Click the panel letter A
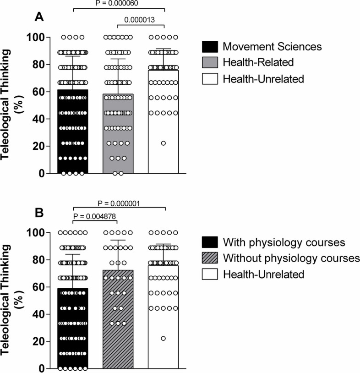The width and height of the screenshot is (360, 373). pyautogui.click(x=40, y=17)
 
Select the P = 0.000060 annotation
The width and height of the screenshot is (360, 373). pyautogui.click(x=118, y=3)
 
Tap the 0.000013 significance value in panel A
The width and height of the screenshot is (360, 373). pyautogui.click(x=141, y=20)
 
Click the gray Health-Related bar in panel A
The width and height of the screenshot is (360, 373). pyautogui.click(x=118, y=137)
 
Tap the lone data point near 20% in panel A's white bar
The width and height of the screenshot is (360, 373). pyautogui.click(x=164, y=143)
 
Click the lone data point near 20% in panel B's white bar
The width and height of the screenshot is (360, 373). pyautogui.click(x=164, y=339)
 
